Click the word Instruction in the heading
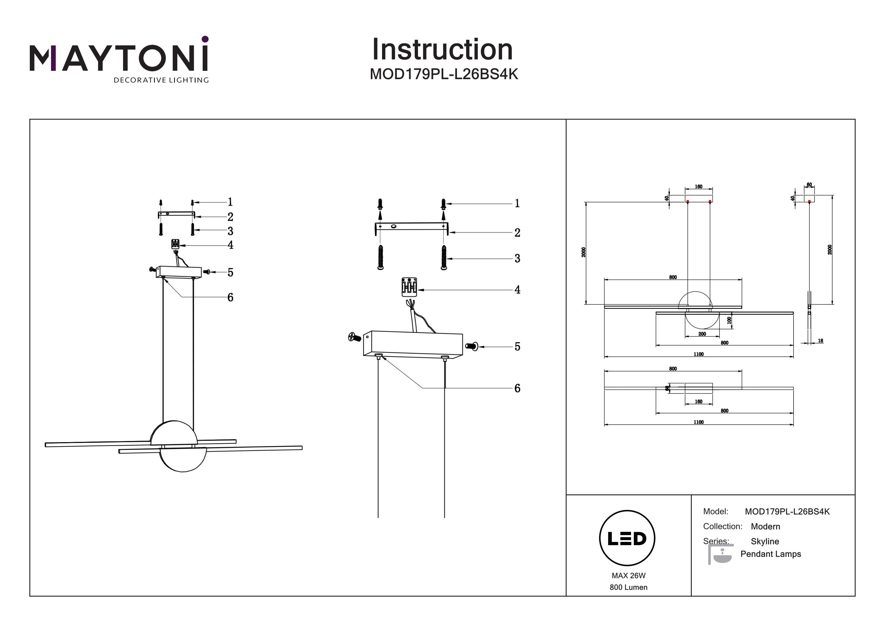click(x=442, y=50)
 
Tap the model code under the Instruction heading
click(x=444, y=74)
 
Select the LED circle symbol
click(x=627, y=538)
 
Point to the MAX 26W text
click(x=628, y=576)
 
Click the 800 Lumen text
click(x=628, y=587)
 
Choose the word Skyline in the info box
click(x=765, y=541)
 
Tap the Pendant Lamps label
click(x=771, y=554)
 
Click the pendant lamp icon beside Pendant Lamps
click(x=720, y=555)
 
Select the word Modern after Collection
click(x=765, y=527)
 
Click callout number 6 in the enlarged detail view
click(x=517, y=388)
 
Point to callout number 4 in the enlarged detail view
click(x=517, y=290)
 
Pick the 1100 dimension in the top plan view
click(x=699, y=422)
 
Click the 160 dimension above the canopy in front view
click(x=699, y=187)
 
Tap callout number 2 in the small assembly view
click(x=230, y=217)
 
